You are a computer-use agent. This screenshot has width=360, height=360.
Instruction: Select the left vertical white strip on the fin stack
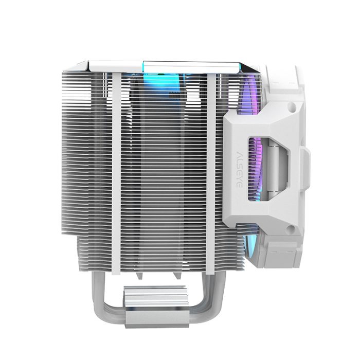(x=116, y=170)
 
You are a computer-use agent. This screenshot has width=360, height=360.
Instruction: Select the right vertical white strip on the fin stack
(x=212, y=170)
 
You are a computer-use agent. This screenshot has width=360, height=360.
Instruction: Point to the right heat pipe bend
(x=198, y=303)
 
